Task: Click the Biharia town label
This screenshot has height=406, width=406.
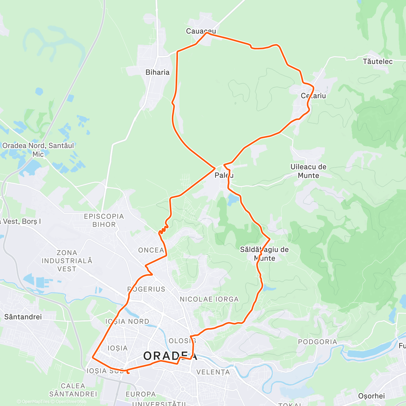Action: pos(157,72)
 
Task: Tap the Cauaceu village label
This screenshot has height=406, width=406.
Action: pos(201,31)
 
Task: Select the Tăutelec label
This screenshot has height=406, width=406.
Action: pos(378,62)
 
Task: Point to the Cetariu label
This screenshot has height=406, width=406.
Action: pos(313,96)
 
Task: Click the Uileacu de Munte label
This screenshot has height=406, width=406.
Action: pos(309,171)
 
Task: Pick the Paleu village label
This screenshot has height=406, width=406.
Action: pos(224,175)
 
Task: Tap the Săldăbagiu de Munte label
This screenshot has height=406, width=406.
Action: pos(264,254)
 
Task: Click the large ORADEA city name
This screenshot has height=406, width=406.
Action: pos(170,356)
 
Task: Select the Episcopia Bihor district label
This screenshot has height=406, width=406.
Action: pos(104,220)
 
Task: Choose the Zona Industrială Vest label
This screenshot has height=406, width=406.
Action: pos(67,261)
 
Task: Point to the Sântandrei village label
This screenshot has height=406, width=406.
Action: pos(23,317)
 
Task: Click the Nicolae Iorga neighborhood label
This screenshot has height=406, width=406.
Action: pos(209,299)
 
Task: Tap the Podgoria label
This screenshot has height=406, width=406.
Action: pos(317,342)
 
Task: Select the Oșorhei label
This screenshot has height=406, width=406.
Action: pos(371,396)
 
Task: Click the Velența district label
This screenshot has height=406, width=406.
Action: pos(213,372)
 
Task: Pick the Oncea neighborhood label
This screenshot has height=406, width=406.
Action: pos(151,250)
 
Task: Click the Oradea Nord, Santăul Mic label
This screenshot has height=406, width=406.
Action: pos(38,150)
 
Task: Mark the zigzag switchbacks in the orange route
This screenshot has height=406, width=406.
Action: pos(164,229)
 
